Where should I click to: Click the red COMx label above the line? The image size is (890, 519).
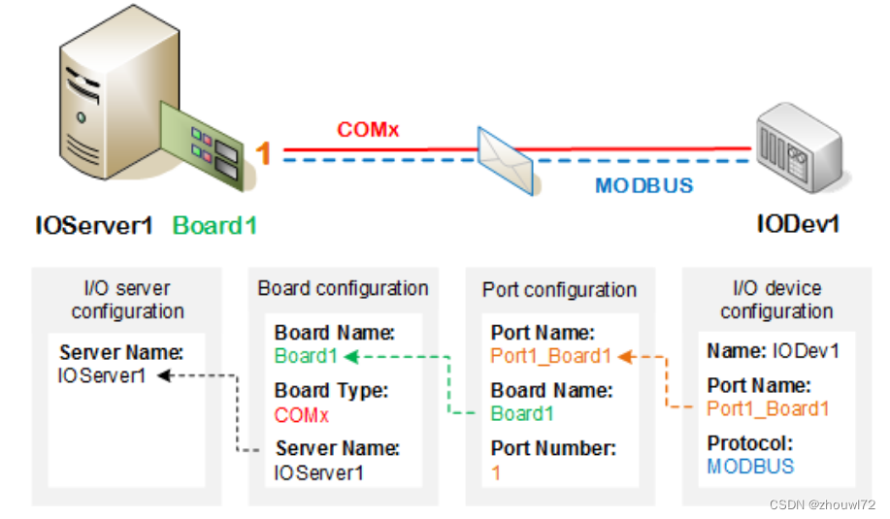click(x=368, y=129)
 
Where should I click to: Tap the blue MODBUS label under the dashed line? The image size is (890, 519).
click(x=644, y=185)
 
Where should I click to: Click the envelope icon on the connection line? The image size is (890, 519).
click(x=505, y=160)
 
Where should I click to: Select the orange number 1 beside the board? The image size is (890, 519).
click(x=262, y=153)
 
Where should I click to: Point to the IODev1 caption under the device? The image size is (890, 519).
click(x=798, y=224)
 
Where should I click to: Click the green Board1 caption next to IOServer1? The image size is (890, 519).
click(x=214, y=226)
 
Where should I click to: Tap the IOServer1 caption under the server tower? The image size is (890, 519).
click(x=94, y=226)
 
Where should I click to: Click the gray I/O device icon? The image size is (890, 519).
click(x=801, y=147)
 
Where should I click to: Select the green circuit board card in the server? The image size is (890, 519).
click(x=202, y=146)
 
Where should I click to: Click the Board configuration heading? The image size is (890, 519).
click(x=343, y=288)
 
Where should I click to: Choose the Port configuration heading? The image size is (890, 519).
click(x=560, y=290)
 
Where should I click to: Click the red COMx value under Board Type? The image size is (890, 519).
click(x=302, y=415)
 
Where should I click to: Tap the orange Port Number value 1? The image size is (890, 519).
click(x=496, y=472)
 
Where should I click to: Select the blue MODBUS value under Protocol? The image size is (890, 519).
click(x=750, y=467)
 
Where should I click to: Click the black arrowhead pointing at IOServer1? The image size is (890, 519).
click(x=165, y=375)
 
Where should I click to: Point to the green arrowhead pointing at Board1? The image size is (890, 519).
click(x=351, y=357)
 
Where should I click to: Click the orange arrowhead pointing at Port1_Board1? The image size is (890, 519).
click(x=625, y=357)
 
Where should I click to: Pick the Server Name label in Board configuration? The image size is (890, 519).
click(x=338, y=448)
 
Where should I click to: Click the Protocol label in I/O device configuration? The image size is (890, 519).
click(x=750, y=443)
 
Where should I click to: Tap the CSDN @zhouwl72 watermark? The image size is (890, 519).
click(x=822, y=504)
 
